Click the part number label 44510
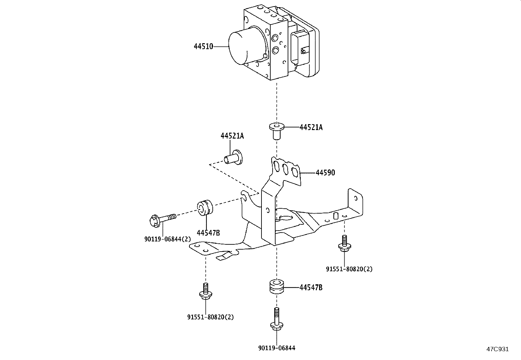[203, 47]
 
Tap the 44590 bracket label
[325, 173]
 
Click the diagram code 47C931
[497, 349]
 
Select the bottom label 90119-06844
[277, 348]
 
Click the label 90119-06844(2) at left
[167, 239]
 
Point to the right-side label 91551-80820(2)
[349, 269]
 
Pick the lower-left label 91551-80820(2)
[210, 317]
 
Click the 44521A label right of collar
[311, 127]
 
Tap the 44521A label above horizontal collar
[232, 136]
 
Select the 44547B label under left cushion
[208, 233]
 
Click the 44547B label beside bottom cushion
[311, 288]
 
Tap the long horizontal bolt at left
[162, 218]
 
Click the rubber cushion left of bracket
[205, 208]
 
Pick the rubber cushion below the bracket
[277, 287]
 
